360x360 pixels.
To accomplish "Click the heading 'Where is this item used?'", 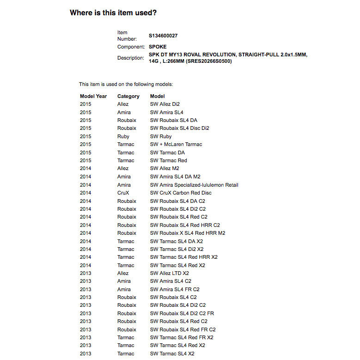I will coord(113,12).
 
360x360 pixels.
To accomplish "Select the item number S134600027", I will coord(163,36).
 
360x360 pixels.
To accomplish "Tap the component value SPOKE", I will coord(158,47).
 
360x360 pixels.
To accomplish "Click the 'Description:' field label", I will coord(131,58).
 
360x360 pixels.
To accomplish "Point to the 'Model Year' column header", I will coord(93,96).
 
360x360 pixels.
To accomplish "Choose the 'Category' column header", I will coord(128,96).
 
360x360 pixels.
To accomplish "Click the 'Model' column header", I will coord(158,96).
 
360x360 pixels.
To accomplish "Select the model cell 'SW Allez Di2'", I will coord(165,104).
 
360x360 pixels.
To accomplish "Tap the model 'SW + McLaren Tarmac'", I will coord(176,144).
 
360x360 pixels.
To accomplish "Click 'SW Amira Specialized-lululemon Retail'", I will coord(194,185).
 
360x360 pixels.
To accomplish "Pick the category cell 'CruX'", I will coord(123,193).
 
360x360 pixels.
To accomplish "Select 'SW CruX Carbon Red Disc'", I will coord(181,193).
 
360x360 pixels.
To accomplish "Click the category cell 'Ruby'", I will coord(123,136).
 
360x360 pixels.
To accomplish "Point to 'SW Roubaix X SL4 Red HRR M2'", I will coord(188,233).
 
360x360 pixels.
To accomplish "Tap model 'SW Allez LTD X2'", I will coord(170,273).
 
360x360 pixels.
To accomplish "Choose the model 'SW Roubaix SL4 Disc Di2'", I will coord(180,128).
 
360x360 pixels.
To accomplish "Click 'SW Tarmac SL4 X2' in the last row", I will coord(172,354).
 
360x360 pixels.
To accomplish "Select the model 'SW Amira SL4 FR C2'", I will coord(175,289).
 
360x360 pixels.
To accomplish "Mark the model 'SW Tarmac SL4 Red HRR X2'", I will coord(184,257).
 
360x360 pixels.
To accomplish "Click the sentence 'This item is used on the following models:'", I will coord(126,84).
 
